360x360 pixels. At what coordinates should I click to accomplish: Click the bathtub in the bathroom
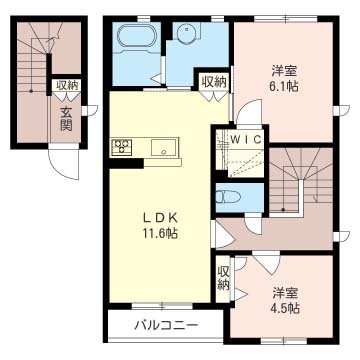[134, 39]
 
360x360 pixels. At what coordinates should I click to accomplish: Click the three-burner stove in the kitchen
[123, 147]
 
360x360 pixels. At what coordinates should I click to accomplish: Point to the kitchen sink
[161, 148]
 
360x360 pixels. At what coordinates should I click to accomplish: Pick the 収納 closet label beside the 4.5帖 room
[224, 277]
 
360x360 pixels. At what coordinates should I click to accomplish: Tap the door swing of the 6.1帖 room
[247, 112]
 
